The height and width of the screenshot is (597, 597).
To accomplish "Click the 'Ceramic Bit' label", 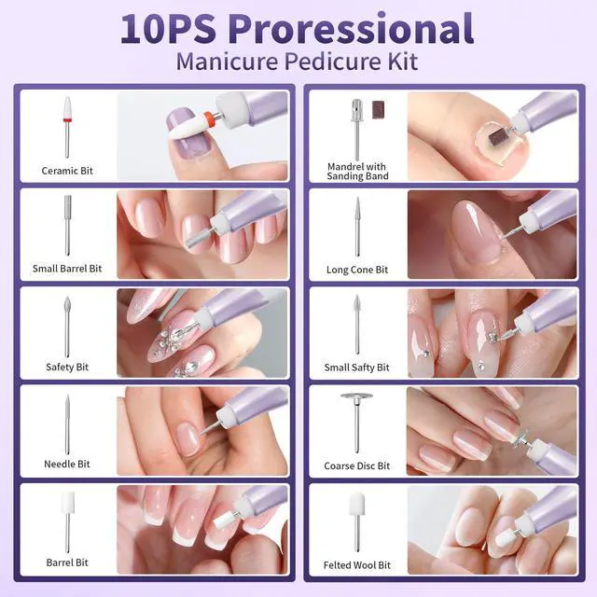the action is [x=67, y=171].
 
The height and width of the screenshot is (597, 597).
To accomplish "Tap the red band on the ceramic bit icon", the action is [x=67, y=120].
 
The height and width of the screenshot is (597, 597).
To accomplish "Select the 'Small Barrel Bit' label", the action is [x=67, y=269].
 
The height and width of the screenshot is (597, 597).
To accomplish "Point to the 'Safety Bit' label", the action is [x=67, y=367].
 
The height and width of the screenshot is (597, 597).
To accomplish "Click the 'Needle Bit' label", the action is [x=67, y=465].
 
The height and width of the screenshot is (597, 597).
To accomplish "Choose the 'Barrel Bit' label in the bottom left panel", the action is [x=67, y=562].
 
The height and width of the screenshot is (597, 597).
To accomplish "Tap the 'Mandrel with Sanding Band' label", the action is [x=357, y=172].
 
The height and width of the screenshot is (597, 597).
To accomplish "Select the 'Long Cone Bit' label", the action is [x=357, y=270].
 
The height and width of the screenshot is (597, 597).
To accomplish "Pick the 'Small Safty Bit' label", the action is [x=356, y=368].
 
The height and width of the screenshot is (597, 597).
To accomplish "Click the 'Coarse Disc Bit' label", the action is [x=357, y=465].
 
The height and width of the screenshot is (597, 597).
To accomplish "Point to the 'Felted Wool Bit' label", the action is [x=357, y=565].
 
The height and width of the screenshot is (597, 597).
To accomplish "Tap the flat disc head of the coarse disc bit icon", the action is [x=356, y=396].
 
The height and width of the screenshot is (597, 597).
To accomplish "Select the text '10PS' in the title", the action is [x=169, y=29].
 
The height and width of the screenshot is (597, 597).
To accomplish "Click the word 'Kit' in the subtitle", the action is [x=403, y=61].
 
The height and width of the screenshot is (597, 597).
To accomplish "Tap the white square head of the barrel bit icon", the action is [x=68, y=502].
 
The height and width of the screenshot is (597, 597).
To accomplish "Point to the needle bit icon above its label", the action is [x=67, y=424].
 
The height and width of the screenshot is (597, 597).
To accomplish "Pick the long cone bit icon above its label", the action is [x=357, y=227].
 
